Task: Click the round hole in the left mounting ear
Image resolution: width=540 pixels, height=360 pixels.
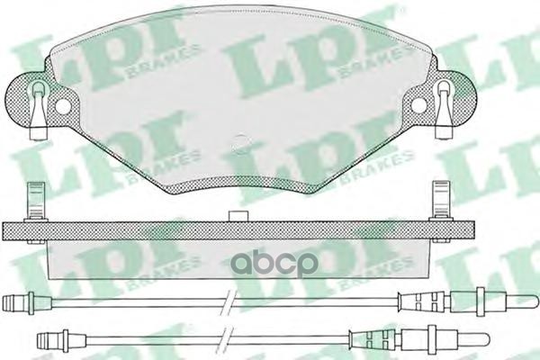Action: click(62, 105)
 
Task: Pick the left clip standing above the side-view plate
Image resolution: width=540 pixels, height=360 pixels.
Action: click(37, 201)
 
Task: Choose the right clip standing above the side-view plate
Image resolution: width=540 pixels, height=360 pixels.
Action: click(441, 201)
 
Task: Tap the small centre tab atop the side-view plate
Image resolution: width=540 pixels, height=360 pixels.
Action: click(240, 215)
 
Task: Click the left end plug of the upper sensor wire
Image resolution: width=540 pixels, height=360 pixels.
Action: click(14, 303)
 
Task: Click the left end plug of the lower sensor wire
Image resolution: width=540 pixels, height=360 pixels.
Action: click(49, 340)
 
